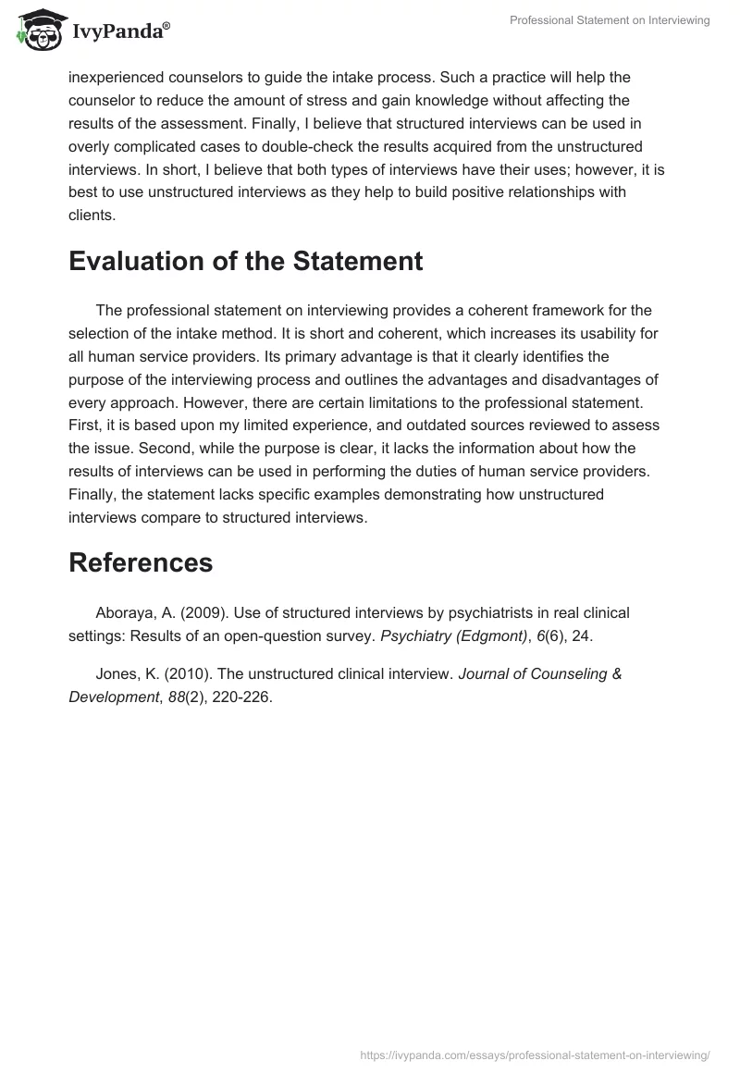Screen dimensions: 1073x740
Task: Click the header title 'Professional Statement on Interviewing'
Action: tap(610, 20)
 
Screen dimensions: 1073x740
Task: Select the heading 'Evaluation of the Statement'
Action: tap(245, 261)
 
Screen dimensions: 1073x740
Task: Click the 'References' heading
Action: tap(141, 561)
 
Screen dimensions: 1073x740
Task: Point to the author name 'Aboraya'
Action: tap(125, 612)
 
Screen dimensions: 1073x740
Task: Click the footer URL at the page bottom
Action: tap(535, 1054)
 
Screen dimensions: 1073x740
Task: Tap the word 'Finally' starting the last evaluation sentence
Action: tap(92, 494)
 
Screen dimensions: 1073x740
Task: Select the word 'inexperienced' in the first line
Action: tap(114, 76)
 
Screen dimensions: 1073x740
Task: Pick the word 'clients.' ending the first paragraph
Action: tap(92, 215)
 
